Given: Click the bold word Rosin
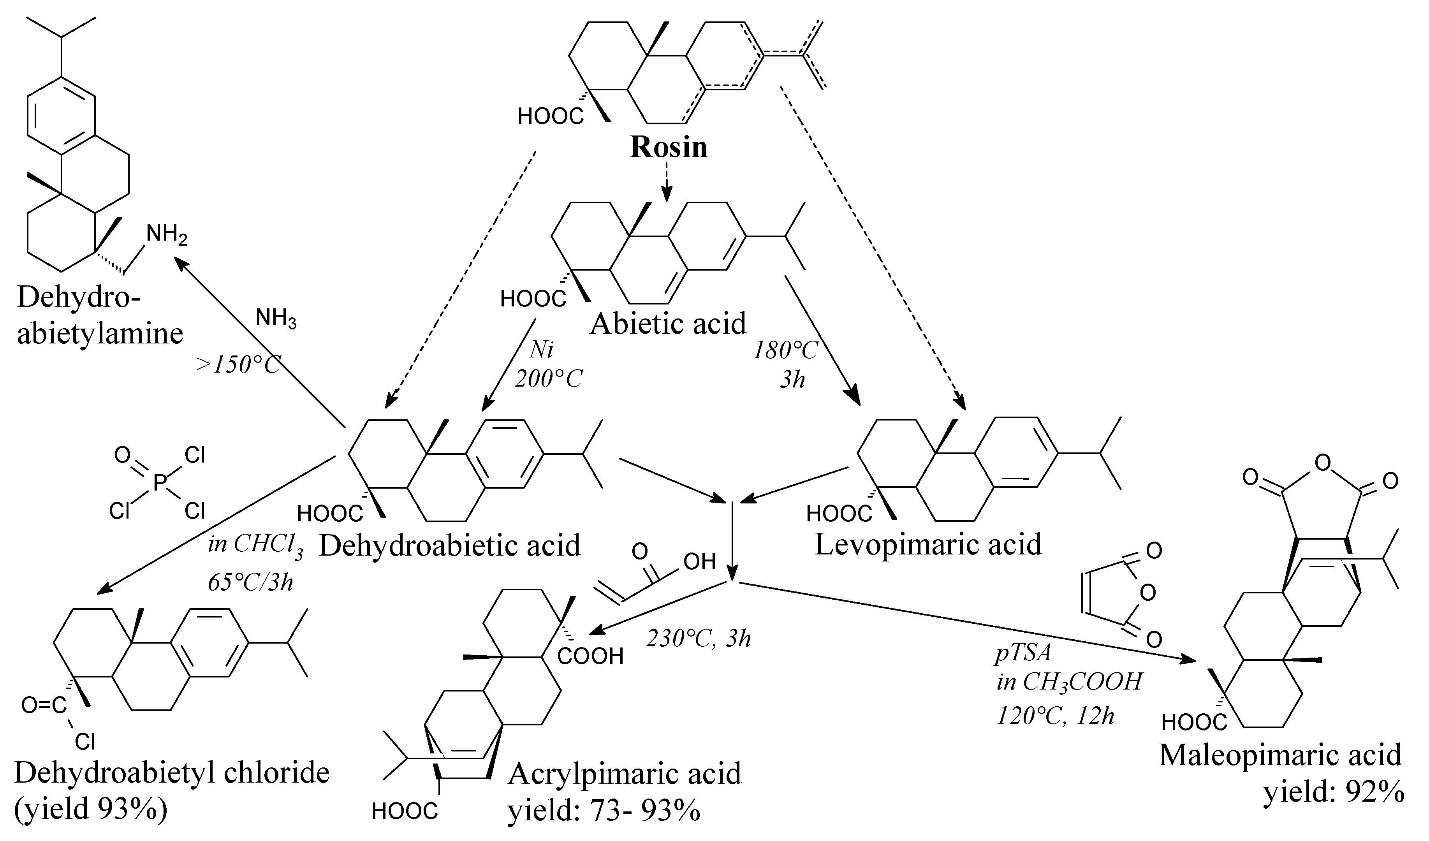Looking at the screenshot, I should point(669,146).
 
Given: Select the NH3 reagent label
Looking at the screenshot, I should point(276,319).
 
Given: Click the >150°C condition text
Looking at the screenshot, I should point(238,365).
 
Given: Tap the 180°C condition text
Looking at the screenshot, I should point(785,350).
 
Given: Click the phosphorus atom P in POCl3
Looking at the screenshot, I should point(160,483).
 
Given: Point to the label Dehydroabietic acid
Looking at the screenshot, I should point(450,545).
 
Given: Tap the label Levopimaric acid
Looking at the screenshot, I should point(928,544).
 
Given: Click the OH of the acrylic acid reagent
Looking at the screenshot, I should point(699,561).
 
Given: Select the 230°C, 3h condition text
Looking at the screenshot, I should point(698,639).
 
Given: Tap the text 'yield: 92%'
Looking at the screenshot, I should point(1332,793).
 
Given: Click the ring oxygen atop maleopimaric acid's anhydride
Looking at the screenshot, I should point(1322,464).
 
